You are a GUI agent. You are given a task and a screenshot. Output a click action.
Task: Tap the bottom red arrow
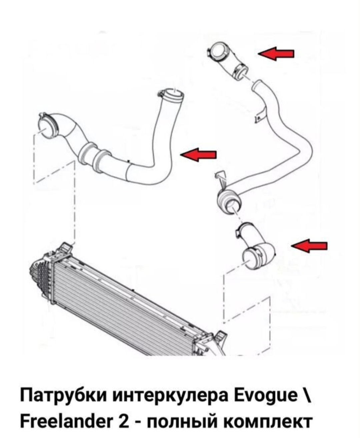[x=310, y=246]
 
